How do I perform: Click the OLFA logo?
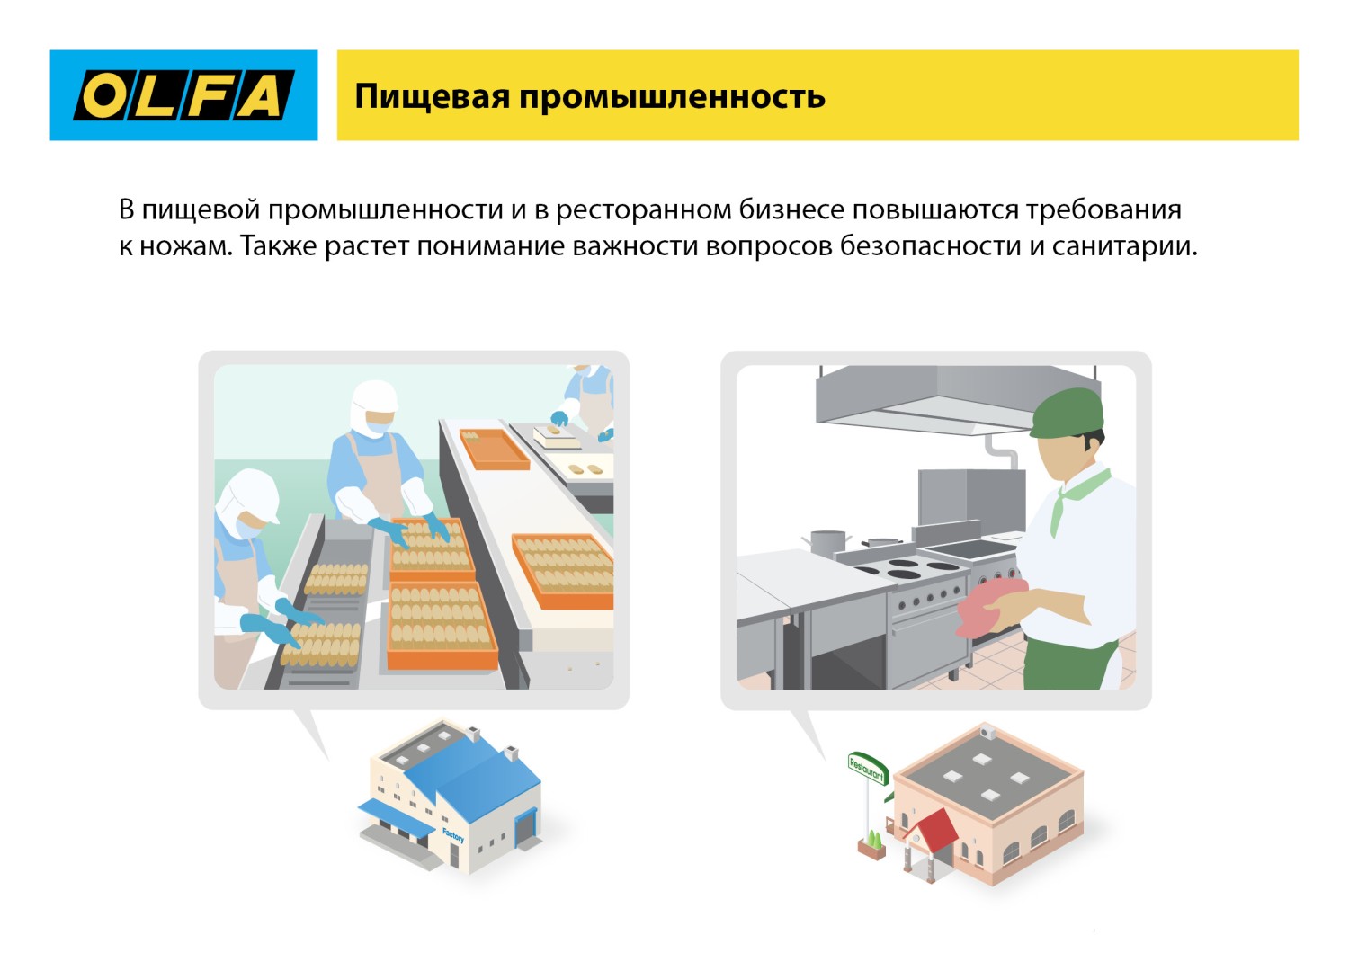tap(183, 95)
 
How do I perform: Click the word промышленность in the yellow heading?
tap(672, 96)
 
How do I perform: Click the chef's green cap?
tap(1068, 413)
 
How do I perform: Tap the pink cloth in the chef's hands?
tap(989, 606)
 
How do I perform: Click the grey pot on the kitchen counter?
tap(827, 541)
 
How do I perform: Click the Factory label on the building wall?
tap(453, 835)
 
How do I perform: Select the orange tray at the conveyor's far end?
tap(494, 449)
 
